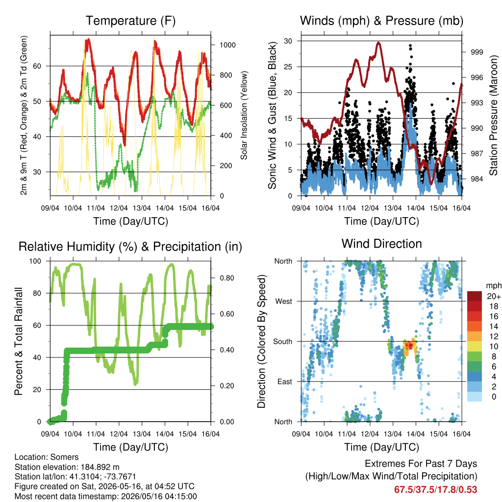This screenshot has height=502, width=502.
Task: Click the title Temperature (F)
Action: click(x=130, y=21)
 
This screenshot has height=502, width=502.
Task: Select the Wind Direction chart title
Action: click(x=381, y=244)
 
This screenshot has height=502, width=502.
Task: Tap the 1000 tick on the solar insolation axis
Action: click(x=227, y=45)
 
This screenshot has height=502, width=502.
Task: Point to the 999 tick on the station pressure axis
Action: click(x=477, y=52)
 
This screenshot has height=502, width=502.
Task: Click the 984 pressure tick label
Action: click(x=477, y=179)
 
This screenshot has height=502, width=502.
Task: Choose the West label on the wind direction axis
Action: click(x=284, y=301)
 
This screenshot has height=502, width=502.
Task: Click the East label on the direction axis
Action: click(x=285, y=381)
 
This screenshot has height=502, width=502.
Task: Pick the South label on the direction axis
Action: click(x=283, y=342)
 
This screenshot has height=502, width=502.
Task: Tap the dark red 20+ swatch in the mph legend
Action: click(x=475, y=296)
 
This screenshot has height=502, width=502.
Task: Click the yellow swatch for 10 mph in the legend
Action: click(x=475, y=347)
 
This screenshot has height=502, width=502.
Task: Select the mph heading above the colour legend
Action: click(x=494, y=286)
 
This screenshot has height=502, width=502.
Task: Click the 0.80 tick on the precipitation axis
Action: click(x=227, y=278)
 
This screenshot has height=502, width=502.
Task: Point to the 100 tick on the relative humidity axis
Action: click(x=35, y=261)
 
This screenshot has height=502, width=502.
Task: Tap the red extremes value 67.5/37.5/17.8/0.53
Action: click(x=435, y=490)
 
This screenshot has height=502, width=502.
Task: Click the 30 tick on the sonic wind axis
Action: click(x=288, y=41)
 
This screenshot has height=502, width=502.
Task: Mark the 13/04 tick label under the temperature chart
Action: click(x=142, y=208)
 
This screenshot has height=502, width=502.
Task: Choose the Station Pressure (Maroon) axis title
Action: click(x=493, y=115)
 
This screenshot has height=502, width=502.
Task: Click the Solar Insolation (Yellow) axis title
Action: click(x=244, y=115)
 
